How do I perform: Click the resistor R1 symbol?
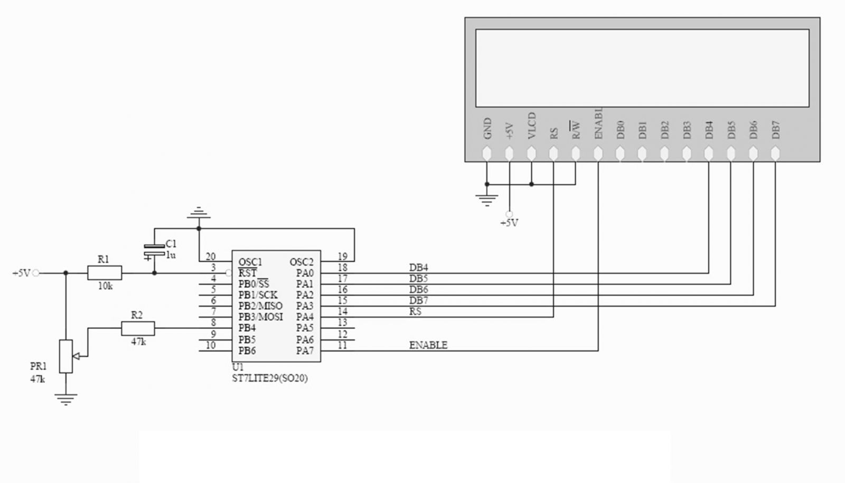[105, 273]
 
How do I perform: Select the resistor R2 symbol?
[138, 328]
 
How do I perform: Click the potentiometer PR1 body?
[65, 356]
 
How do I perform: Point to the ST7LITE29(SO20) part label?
[270, 378]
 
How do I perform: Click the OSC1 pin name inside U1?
[250, 262]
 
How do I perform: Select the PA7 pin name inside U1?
[305, 351]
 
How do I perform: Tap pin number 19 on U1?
[342, 257]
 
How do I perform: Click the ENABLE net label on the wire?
[428, 345]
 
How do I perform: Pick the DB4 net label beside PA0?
[418, 268]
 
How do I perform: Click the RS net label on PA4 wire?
[416, 311]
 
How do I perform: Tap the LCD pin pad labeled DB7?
[775, 154]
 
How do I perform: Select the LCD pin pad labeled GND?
[487, 154]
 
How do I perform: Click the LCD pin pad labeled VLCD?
[531, 154]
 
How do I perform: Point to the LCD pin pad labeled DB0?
[620, 154]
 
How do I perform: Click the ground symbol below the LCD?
[486, 200]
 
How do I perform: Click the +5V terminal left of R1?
[36, 273]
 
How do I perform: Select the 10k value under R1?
[105, 286]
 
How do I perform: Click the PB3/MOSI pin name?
[260, 317]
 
